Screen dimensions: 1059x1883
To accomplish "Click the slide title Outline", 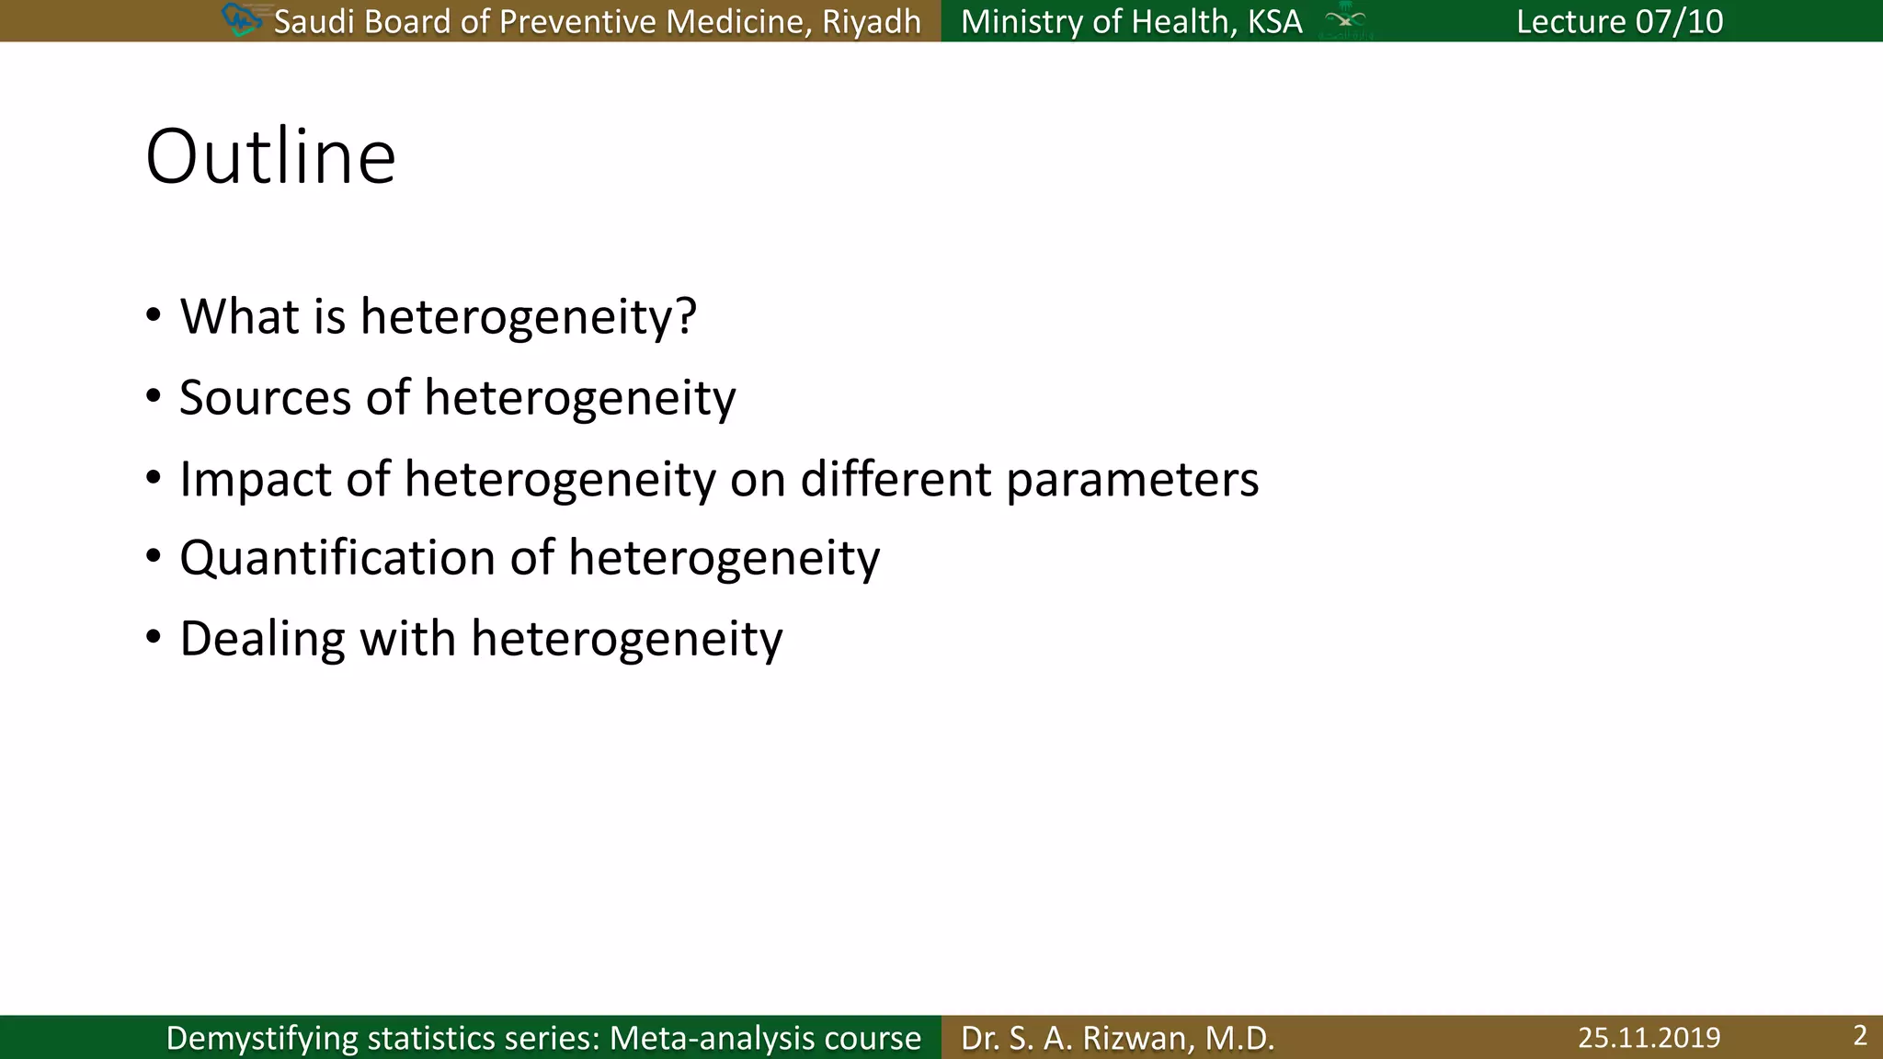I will pyautogui.click(x=270, y=157).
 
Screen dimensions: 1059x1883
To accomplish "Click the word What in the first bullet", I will pyautogui.click(x=238, y=316).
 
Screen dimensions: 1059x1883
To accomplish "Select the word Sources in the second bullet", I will pyautogui.click(x=265, y=398).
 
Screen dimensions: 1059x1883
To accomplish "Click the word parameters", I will pyautogui.click(x=1132, y=480).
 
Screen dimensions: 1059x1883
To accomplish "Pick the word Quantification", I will pyautogui.click(x=337, y=558).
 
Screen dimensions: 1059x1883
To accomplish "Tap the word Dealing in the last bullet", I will pyautogui.click(x=262, y=639).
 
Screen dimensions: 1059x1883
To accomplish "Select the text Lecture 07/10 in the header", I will pyautogui.click(x=1619, y=21).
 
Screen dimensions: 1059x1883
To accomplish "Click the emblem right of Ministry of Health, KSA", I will pyautogui.click(x=1345, y=20).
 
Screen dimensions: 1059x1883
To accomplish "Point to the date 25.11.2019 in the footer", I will pyautogui.click(x=1649, y=1038).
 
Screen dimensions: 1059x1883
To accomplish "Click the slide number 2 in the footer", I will pyautogui.click(x=1859, y=1036).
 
